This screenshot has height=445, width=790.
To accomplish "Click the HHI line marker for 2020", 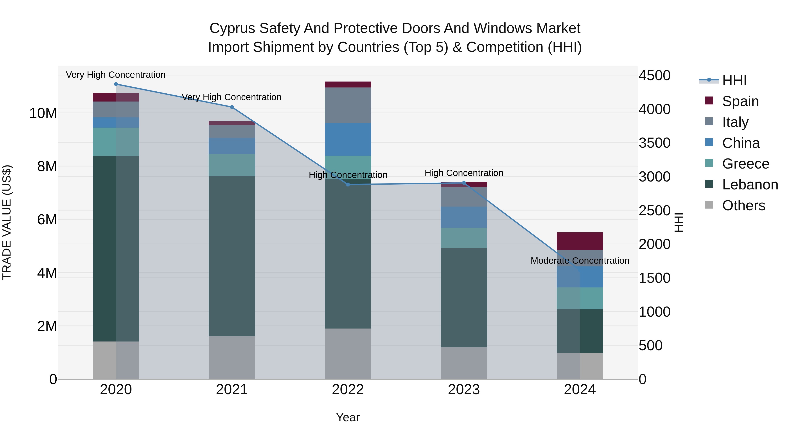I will click(x=116, y=84).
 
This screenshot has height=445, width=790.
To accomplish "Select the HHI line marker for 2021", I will click(x=232, y=107).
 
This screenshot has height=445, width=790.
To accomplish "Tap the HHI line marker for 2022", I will click(x=348, y=185).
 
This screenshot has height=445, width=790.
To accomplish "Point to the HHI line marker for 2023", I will click(x=464, y=183).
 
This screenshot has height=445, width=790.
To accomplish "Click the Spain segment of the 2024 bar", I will click(x=580, y=241).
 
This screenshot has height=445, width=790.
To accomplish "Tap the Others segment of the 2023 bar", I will click(x=464, y=363).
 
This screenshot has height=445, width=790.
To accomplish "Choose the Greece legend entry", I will click(x=745, y=164).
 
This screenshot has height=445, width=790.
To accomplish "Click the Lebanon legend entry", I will click(x=750, y=185).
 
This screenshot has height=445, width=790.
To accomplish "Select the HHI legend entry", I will click(x=734, y=80).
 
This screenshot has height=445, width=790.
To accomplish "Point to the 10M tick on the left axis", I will click(x=43, y=113).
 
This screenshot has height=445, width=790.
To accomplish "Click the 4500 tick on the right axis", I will click(x=654, y=76).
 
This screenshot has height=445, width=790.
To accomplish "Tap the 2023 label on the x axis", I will click(x=464, y=390).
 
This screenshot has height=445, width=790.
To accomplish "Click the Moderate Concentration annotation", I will click(x=580, y=261).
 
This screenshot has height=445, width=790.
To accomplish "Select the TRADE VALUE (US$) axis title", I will click(x=7, y=222).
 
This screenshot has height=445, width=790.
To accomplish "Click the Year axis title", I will click(x=348, y=417).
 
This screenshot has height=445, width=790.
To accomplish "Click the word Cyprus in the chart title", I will click(x=232, y=29).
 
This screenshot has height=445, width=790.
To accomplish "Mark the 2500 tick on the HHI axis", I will click(x=654, y=211).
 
